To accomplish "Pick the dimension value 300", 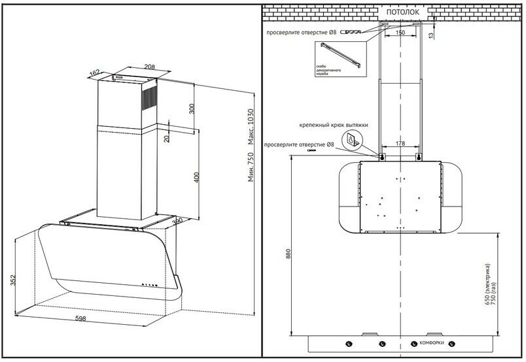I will pyautogui.click(x=192, y=108).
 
